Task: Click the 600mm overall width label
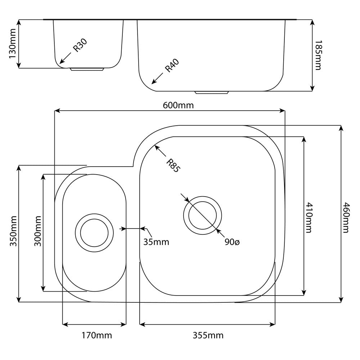pyautogui.click(x=178, y=105)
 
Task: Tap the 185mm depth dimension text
pyautogui.click(x=318, y=55)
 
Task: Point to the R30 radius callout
pyautogui.click(x=80, y=45)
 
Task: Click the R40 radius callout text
pyautogui.click(x=172, y=66)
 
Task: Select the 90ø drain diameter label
pyautogui.click(x=232, y=242)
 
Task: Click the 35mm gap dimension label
pyautogui.click(x=156, y=242)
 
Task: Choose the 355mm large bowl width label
pyautogui.click(x=208, y=336)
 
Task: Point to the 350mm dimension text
pyautogui.click(x=13, y=231)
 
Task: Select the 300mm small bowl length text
pyautogui.click(x=38, y=231)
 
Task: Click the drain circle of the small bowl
pyautogui.click(x=94, y=233)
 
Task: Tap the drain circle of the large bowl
pyautogui.click(x=202, y=215)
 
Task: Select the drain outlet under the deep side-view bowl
pyautogui.click(x=212, y=93)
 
